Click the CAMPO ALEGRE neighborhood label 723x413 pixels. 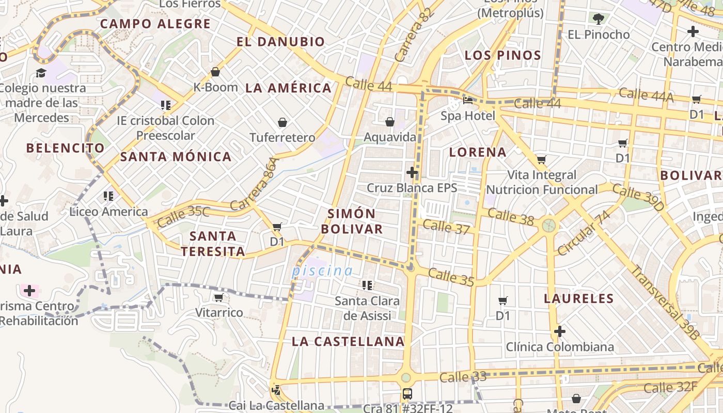[x=155, y=24]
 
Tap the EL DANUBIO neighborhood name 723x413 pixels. [x=281, y=42]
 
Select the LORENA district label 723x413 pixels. [x=478, y=152]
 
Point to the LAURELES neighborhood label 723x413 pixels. [x=579, y=298]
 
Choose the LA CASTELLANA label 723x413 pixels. [x=348, y=341]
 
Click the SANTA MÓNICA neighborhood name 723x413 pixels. [x=176, y=157]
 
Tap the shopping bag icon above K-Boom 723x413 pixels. [x=215, y=72]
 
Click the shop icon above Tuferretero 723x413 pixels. [x=282, y=122]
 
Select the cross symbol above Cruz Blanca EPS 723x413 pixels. [x=412, y=172]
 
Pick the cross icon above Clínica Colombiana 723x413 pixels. [x=559, y=331]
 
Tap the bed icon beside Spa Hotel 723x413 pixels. [x=468, y=100]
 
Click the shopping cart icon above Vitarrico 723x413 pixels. [x=218, y=297]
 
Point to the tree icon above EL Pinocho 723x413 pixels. [x=599, y=20]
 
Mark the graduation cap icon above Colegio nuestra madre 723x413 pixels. [x=41, y=73]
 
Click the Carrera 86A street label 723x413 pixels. [x=255, y=184]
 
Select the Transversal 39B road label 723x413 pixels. [x=666, y=303]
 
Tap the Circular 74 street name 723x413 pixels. [x=583, y=233]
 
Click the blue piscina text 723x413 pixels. [x=322, y=271]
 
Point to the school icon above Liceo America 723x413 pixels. [x=108, y=196]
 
